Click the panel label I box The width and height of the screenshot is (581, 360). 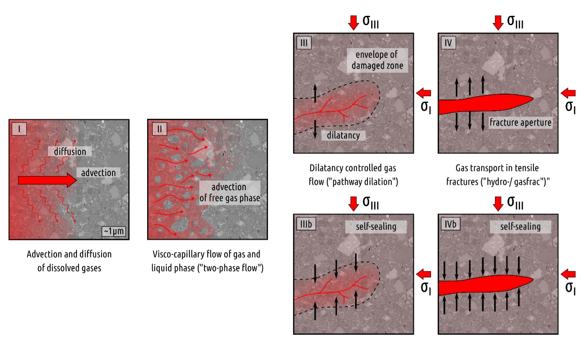pyautogui.click(x=19, y=129)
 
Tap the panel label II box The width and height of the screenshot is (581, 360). pyautogui.click(x=160, y=129)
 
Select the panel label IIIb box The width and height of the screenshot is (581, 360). pyautogui.click(x=306, y=224)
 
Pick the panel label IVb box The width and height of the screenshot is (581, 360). pyautogui.click(x=451, y=224)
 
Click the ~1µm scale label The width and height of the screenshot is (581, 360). pyautogui.click(x=114, y=231)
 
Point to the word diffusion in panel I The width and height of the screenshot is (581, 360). pyautogui.click(x=70, y=151)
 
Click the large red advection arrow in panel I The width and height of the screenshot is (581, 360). pyautogui.click(x=47, y=180)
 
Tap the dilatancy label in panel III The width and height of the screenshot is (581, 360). pyautogui.click(x=344, y=135)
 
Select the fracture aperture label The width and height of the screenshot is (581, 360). pyautogui.click(x=520, y=123)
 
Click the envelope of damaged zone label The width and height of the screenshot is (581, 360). pyautogui.click(x=377, y=60)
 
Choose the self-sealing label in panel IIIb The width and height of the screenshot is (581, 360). pyautogui.click(x=376, y=227)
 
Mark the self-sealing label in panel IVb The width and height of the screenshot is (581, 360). pyautogui.click(x=520, y=227)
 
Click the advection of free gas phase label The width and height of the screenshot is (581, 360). pyautogui.click(x=229, y=192)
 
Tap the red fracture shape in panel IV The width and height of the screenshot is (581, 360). pyautogui.click(x=482, y=104)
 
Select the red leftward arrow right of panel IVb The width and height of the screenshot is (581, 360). pyautogui.click(x=568, y=274)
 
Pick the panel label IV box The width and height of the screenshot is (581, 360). pyautogui.click(x=448, y=43)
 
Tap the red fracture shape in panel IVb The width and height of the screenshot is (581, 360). pyautogui.click(x=482, y=285)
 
